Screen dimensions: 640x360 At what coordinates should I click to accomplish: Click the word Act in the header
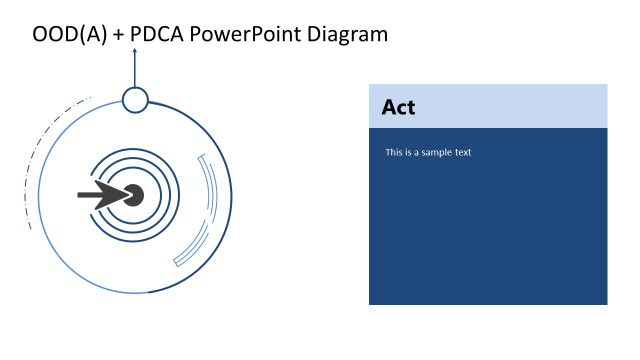tap(398, 107)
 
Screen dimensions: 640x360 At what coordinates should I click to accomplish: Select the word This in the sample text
tap(395, 153)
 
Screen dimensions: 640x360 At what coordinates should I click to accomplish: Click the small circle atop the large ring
tap(135, 99)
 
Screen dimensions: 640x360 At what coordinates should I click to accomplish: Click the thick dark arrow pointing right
tap(100, 195)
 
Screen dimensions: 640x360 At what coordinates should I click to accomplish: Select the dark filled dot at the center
tap(133, 195)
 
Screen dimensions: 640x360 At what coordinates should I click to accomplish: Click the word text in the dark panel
tap(462, 153)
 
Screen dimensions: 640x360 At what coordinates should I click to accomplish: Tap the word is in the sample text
tap(411, 153)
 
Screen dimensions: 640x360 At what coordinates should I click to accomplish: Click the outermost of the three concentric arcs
tap(177, 195)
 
